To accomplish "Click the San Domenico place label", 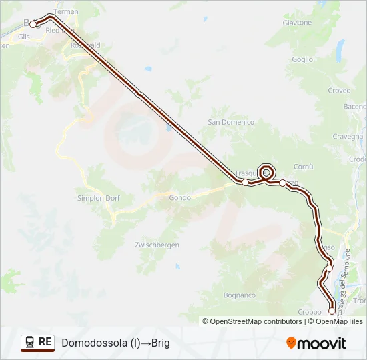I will [x=231, y=122].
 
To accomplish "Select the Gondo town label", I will [x=179, y=197].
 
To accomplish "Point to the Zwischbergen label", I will [x=157, y=245].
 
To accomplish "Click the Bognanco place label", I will [x=240, y=295].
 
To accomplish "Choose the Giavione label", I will [x=297, y=22].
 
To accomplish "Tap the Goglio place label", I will [x=302, y=59].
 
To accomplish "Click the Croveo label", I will [x=339, y=91].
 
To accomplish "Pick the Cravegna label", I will [x=347, y=136].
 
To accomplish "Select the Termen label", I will [x=65, y=12].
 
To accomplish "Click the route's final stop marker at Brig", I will [x=33, y=25].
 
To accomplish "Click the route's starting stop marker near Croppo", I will [x=332, y=311].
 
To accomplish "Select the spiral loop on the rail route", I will [x=266, y=171].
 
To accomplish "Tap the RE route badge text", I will [x=45, y=342].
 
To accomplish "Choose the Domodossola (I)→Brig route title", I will [x=116, y=343].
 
